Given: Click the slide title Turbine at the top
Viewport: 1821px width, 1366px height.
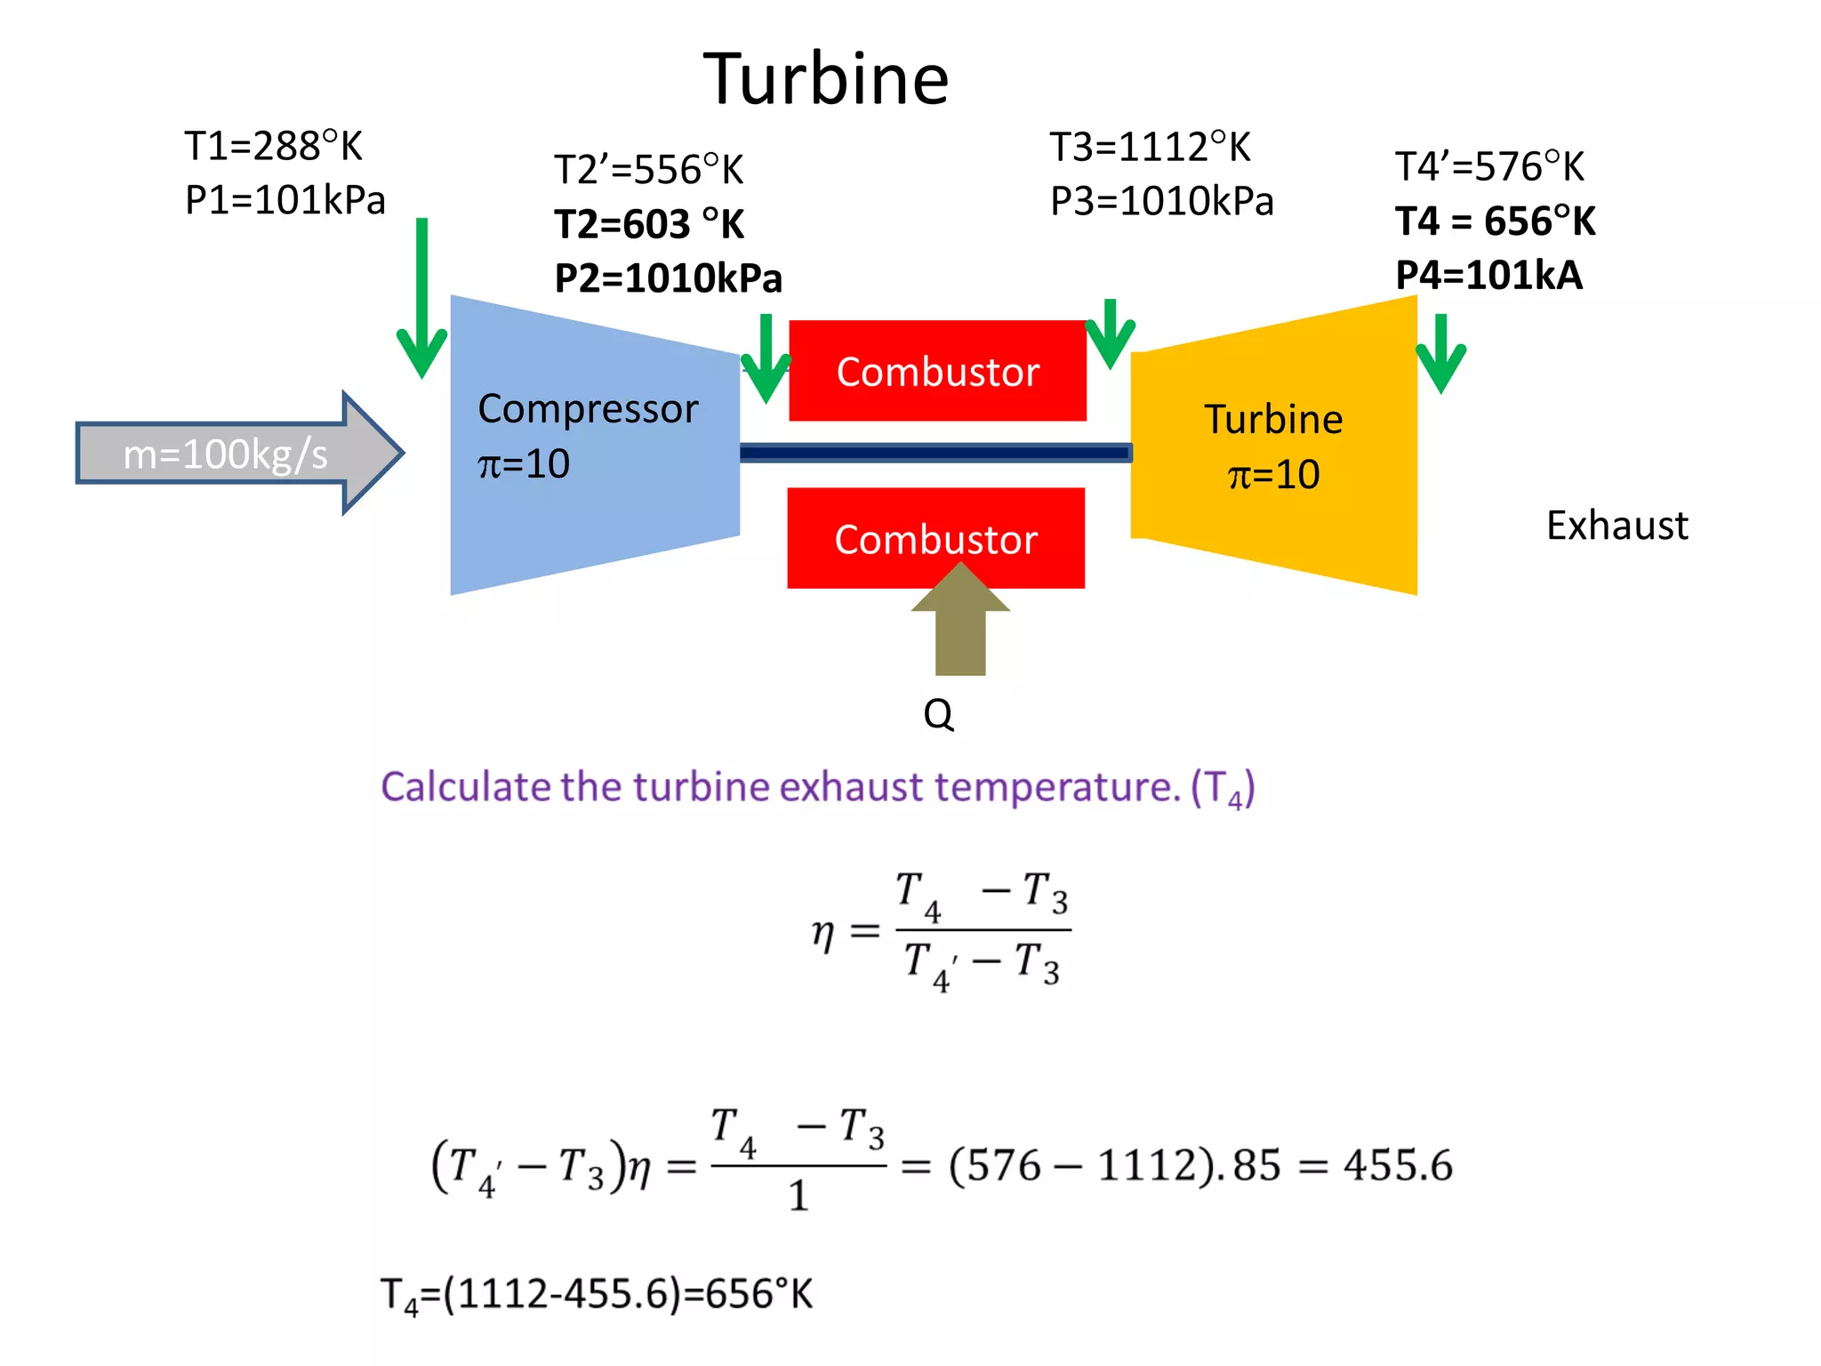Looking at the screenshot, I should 826,79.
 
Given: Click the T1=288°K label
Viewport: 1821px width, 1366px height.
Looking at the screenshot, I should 273,147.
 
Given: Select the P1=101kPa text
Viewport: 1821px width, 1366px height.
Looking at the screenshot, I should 285,200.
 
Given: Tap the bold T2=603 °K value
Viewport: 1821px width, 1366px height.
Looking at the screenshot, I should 649,224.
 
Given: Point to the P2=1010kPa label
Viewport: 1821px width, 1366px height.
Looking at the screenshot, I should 668,278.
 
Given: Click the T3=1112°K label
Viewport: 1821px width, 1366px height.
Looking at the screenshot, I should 1150,148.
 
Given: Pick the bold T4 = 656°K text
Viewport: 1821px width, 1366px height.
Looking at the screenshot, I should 1495,221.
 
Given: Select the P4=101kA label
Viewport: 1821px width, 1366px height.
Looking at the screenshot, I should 1488,276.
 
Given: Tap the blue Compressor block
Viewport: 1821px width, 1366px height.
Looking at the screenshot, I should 594,445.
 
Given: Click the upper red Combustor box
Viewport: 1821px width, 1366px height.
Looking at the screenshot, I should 937,371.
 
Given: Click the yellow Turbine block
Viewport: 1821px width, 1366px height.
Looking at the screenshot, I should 1273,445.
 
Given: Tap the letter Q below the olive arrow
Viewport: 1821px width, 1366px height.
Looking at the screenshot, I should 938,713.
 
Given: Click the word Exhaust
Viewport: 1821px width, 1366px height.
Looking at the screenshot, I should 1616,526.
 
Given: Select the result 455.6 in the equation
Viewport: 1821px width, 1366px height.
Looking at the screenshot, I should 1397,1165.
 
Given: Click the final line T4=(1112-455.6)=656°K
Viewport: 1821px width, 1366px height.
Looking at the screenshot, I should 596,1294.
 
